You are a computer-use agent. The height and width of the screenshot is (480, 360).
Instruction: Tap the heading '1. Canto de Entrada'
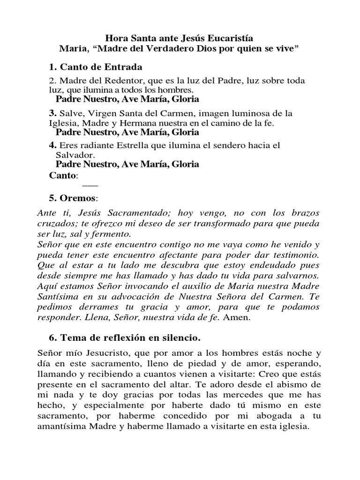pos(95,67)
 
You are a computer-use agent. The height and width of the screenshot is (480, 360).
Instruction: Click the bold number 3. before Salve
pos(52,113)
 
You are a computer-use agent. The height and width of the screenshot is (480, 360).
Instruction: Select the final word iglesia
pos(292,426)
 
